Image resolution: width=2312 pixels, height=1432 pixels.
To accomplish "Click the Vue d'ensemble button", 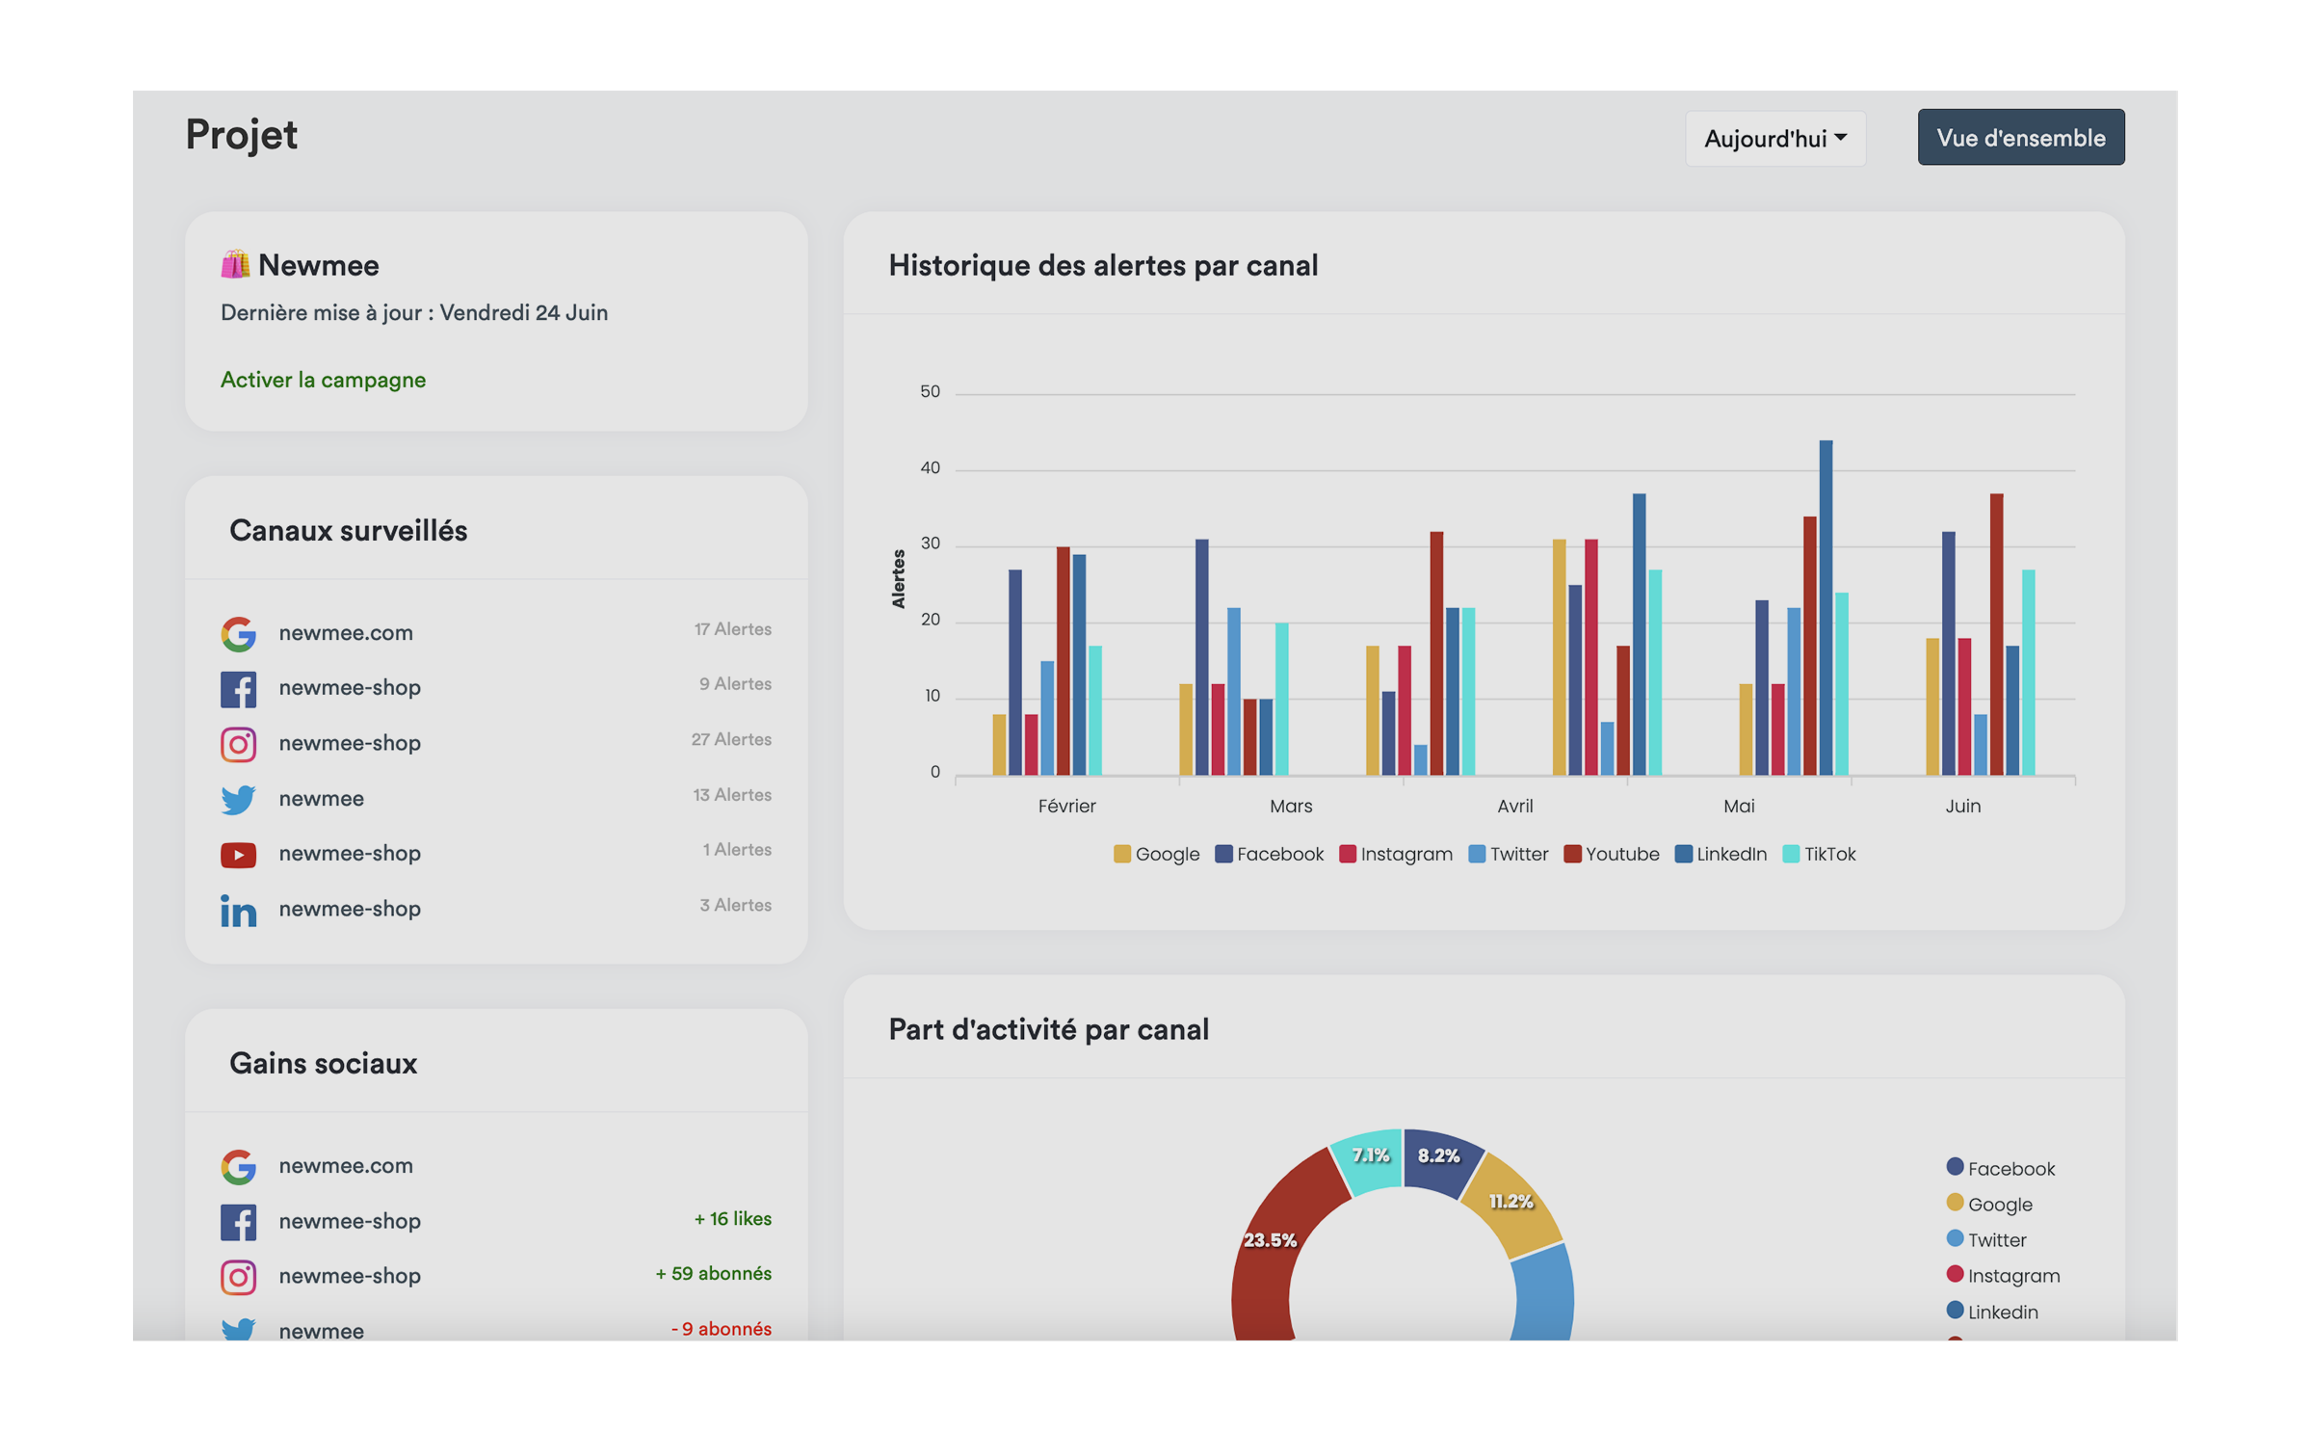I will [2020, 138].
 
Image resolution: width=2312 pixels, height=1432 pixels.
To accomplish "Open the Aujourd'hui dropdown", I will [1774, 139].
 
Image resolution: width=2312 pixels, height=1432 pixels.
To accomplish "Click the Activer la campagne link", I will [323, 380].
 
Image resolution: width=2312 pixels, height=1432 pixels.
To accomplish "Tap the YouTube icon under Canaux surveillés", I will [238, 855].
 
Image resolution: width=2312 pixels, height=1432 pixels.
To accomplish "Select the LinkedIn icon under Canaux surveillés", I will [238, 910].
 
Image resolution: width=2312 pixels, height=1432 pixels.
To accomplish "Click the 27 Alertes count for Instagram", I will [730, 740].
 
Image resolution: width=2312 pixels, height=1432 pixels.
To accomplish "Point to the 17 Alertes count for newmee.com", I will [732, 629].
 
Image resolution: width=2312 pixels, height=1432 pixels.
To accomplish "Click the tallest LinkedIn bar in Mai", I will [1826, 607].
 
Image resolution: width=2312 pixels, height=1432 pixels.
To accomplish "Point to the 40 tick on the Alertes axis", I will [930, 468].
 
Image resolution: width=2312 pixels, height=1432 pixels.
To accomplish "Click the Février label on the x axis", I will [1066, 807].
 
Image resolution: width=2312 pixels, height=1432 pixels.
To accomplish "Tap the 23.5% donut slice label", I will [1270, 1240].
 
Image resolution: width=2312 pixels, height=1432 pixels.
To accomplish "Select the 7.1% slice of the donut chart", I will [1369, 1156].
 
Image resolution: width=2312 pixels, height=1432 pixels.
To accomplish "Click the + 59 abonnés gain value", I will [713, 1274].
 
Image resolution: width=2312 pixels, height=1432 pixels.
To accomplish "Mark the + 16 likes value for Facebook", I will [732, 1219].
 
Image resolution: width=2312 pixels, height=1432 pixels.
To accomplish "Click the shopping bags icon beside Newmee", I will [235, 265].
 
